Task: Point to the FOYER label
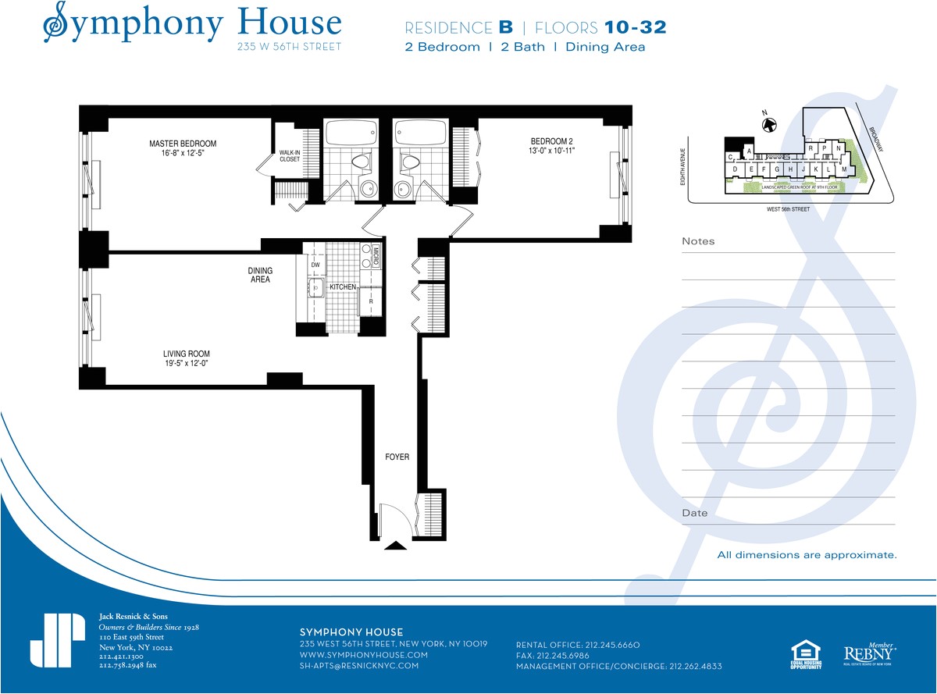click(397, 457)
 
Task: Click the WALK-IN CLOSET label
click(290, 155)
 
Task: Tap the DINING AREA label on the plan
click(260, 275)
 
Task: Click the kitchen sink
click(315, 288)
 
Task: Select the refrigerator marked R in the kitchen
click(370, 300)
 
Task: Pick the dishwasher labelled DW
click(315, 265)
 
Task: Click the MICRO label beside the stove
click(376, 256)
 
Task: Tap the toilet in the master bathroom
click(360, 162)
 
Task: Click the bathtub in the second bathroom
click(420, 132)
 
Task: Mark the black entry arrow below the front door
click(395, 546)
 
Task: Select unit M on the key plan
click(843, 169)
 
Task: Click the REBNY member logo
click(869, 653)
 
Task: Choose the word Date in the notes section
click(694, 513)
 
